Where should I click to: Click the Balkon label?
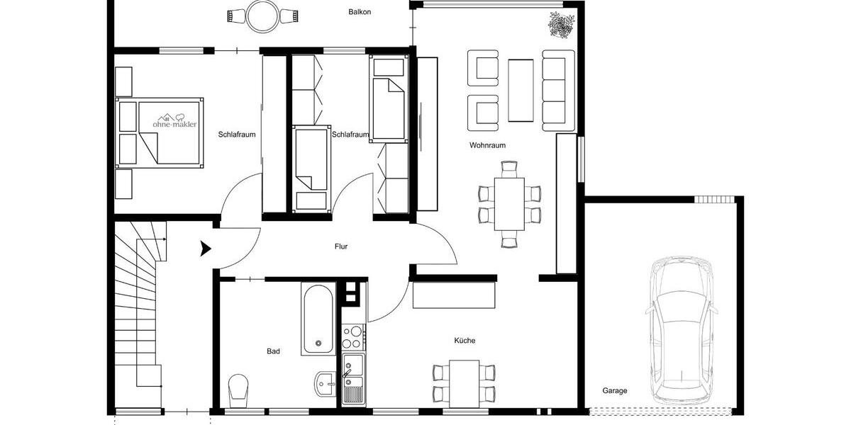(360, 12)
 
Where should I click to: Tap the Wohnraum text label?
(487, 145)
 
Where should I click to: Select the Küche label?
(465, 341)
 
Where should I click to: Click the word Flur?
(341, 246)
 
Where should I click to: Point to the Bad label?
(273, 351)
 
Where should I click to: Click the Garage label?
(615, 390)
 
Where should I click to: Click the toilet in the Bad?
(239, 388)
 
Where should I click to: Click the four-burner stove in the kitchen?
(352, 336)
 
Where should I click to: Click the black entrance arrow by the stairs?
(206, 248)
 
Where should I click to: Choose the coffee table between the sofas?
(521, 90)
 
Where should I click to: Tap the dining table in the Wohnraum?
(509, 204)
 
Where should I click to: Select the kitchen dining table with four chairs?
(465, 382)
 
